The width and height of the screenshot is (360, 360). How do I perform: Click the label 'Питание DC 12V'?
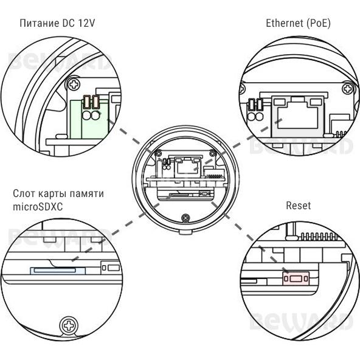pyautogui.click(x=57, y=24)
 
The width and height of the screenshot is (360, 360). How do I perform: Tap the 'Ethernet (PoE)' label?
pyautogui.click(x=298, y=24)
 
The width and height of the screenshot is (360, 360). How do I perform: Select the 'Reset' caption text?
pyautogui.click(x=298, y=206)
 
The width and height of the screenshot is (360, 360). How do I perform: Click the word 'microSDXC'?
pyautogui.click(x=38, y=207)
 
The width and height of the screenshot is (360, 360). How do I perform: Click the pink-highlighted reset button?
pyautogui.click(x=296, y=279)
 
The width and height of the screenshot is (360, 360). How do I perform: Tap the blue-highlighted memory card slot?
pyautogui.click(x=58, y=271)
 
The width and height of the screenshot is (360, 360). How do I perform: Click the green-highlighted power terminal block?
pyautogui.click(x=89, y=119)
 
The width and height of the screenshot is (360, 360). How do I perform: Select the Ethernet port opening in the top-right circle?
pyautogui.click(x=297, y=117)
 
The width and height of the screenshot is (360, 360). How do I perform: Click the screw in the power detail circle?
pyautogui.click(x=74, y=85)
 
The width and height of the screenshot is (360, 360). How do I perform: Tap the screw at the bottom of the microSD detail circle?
pyautogui.click(x=69, y=325)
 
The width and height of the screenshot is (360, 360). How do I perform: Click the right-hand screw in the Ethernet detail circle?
pyautogui.click(x=348, y=89)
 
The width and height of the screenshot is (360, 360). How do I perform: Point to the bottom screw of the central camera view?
pyautogui.click(x=185, y=218)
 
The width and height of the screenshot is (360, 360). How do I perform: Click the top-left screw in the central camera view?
pyautogui.click(x=158, y=153)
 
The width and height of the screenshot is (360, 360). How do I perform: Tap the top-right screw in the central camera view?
pyautogui.click(x=213, y=153)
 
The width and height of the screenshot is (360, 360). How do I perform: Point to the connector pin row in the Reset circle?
pyautogui.click(x=320, y=236)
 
